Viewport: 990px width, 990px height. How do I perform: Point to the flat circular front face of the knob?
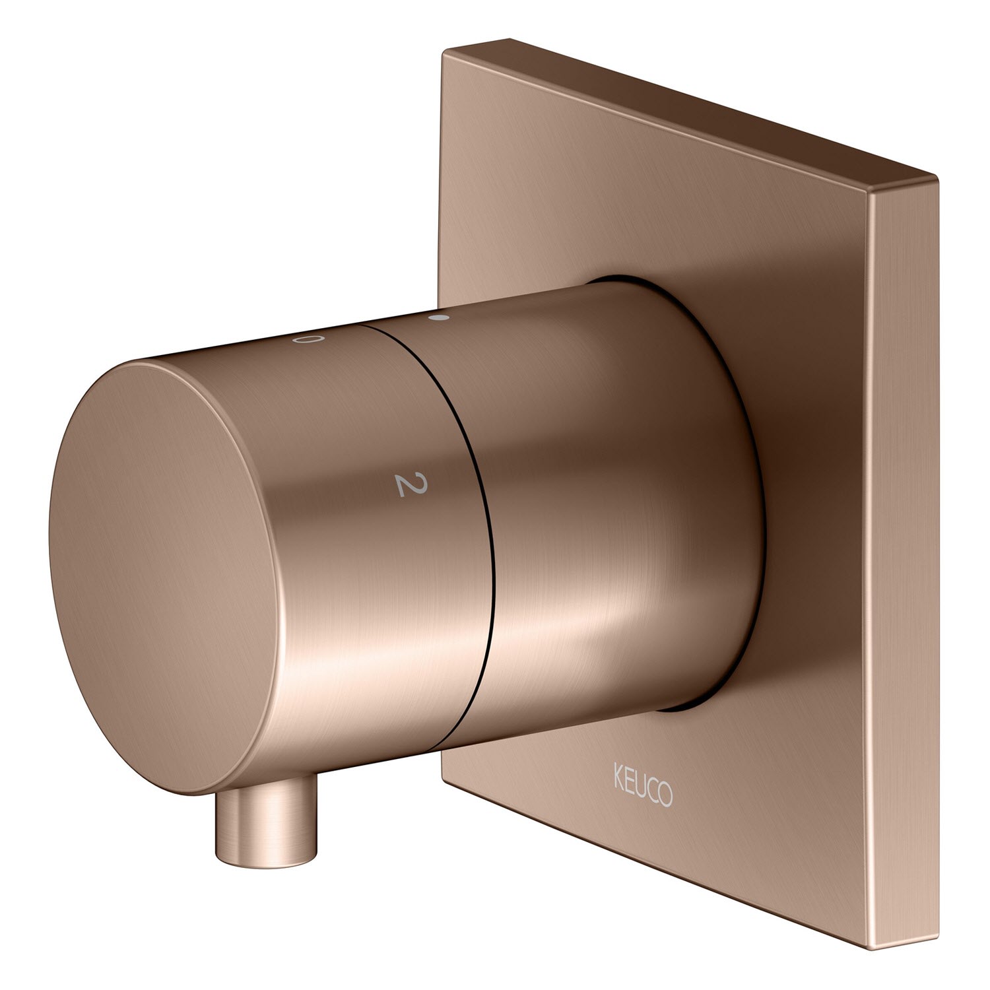[165, 577]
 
